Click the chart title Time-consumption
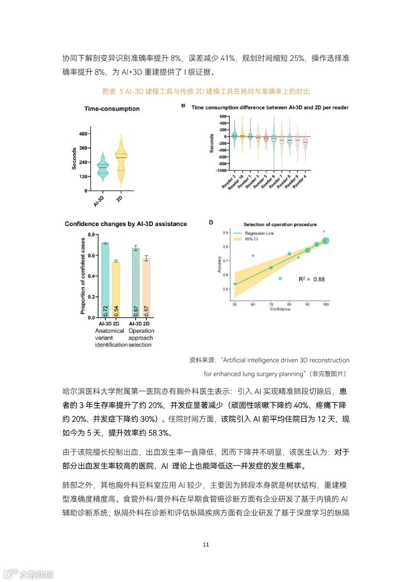[112, 109]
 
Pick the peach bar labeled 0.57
[146, 288]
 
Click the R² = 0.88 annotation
[311, 279]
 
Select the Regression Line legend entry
[259, 233]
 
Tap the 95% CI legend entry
[251, 239]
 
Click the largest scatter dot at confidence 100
[325, 241]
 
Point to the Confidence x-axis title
[280, 309]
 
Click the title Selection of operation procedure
[280, 224]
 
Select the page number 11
[206, 544]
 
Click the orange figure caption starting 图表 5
[206, 92]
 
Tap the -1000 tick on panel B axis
[221, 170]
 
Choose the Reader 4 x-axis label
[300, 182]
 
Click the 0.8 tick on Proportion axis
[91, 235]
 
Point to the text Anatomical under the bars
[109, 331]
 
